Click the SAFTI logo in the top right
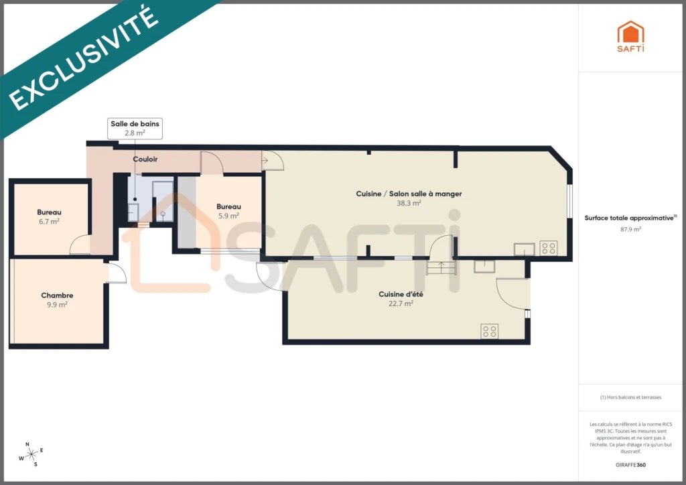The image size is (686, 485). (630, 37)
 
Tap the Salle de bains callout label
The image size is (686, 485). (135, 129)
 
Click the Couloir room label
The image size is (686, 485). (145, 159)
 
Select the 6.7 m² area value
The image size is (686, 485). (49, 221)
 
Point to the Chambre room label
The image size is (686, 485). (57, 295)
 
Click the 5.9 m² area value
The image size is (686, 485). (228, 216)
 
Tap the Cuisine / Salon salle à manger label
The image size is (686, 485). (409, 194)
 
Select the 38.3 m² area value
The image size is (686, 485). (409, 203)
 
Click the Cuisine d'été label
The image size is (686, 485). (401, 294)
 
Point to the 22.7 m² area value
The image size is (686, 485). (401, 303)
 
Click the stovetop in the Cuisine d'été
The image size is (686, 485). (489, 331)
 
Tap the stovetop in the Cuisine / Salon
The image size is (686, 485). (548, 248)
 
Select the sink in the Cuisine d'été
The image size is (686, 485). (484, 267)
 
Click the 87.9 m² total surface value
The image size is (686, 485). (630, 229)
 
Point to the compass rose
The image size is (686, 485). (31, 455)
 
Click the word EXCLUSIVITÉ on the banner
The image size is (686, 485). (83, 58)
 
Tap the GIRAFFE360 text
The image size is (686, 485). (630, 465)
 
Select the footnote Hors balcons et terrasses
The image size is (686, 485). (630, 397)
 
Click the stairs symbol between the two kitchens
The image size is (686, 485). (441, 267)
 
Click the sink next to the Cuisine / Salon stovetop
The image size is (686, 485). (524, 249)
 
